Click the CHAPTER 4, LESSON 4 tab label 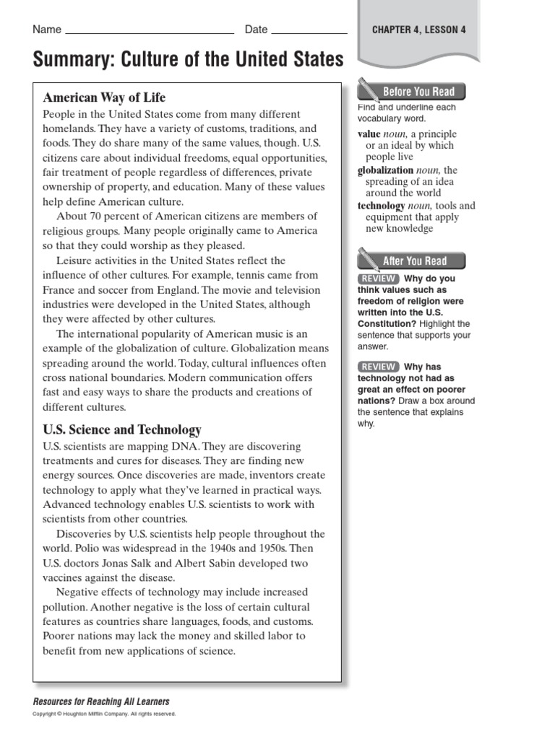[x=418, y=30]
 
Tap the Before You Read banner [x=418, y=92]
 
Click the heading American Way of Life [x=104, y=97]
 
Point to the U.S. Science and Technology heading [x=122, y=430]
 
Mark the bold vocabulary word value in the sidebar [x=369, y=134]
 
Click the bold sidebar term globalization [x=386, y=170]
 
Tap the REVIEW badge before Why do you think [x=377, y=279]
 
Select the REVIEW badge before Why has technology [x=377, y=367]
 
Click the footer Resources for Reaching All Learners [x=101, y=701]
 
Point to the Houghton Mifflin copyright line [x=104, y=714]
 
